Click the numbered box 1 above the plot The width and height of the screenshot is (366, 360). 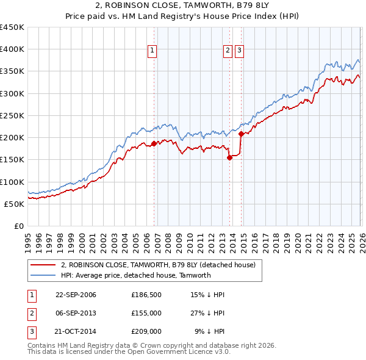[152, 51]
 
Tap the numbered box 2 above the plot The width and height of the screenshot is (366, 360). [228, 51]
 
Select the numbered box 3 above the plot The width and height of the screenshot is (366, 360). [239, 51]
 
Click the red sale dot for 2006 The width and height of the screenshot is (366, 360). [154, 143]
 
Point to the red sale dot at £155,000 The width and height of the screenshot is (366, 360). [229, 157]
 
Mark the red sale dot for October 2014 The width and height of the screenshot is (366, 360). [242, 134]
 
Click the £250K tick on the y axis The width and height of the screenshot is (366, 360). [13, 115]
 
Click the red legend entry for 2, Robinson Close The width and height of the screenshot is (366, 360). [162, 265]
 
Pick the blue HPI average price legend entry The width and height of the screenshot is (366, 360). [135, 275]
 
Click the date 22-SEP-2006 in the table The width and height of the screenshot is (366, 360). [76, 295]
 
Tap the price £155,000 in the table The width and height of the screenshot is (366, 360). [146, 313]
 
